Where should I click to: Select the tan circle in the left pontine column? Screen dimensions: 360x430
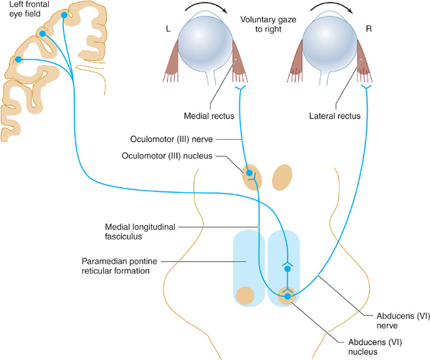click(x=247, y=295)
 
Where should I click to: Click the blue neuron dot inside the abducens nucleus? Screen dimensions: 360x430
click(x=287, y=295)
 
